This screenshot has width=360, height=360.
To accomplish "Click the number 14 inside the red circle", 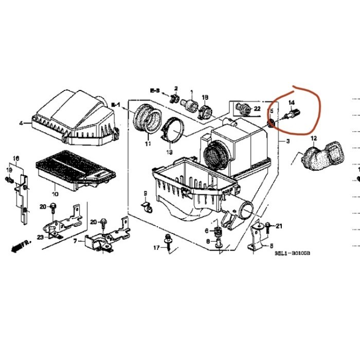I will pos(291,103).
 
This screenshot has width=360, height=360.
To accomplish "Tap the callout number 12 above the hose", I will pos(314,138).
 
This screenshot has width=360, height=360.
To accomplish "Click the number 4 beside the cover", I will pos(21,123).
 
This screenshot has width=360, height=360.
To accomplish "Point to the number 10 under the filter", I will pos(55,194).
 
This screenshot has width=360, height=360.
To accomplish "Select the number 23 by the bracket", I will pos(40,237).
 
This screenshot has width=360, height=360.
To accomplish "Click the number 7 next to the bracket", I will pos(75,241).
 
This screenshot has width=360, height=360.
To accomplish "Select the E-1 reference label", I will pos(116,105).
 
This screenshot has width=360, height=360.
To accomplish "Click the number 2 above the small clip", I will pos(175,88).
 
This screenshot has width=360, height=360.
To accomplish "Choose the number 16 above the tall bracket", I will pos(16,157).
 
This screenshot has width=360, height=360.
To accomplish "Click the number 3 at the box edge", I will pos(287,141).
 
